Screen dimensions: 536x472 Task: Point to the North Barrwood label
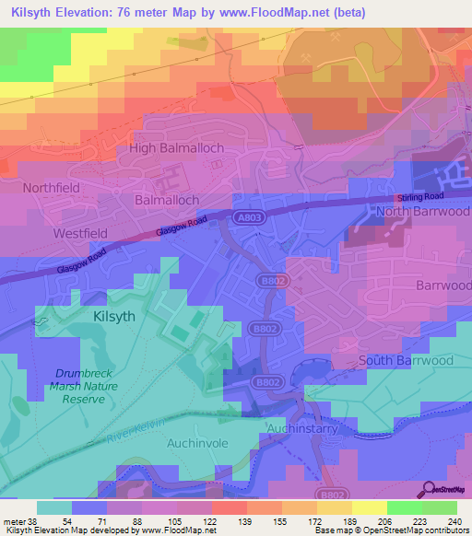click(x=423, y=213)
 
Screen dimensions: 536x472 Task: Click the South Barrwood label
click(x=406, y=360)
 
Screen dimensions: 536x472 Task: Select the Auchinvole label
click(x=196, y=443)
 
